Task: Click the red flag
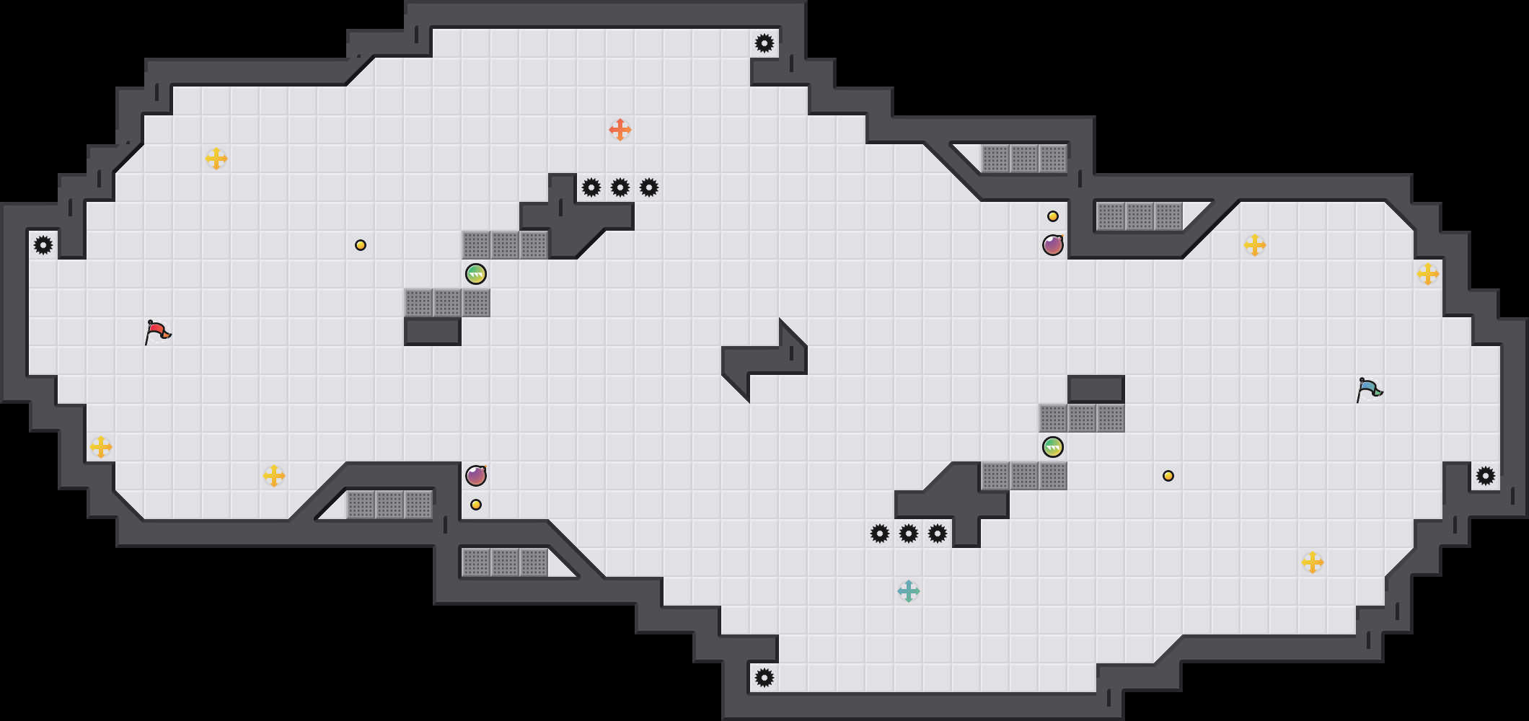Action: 157,332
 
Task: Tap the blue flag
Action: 1369,390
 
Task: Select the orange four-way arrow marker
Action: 620,130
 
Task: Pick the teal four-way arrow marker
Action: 909,591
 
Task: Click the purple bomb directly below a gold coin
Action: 1053,245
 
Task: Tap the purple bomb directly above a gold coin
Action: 476,476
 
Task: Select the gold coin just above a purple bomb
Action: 1053,216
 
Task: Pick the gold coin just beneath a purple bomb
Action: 476,505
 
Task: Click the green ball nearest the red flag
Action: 476,274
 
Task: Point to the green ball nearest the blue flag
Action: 1053,447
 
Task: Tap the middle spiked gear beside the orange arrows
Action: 620,187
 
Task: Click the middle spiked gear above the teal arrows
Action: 909,534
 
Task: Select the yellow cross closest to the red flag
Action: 101,447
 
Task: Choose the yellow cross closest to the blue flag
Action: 1428,274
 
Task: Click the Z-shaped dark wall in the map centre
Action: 764,359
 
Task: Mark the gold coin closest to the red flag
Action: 361,245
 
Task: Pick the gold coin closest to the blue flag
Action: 1168,476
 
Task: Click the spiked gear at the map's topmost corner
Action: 764,43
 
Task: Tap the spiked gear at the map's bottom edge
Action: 764,678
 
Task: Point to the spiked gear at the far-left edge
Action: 43,245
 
